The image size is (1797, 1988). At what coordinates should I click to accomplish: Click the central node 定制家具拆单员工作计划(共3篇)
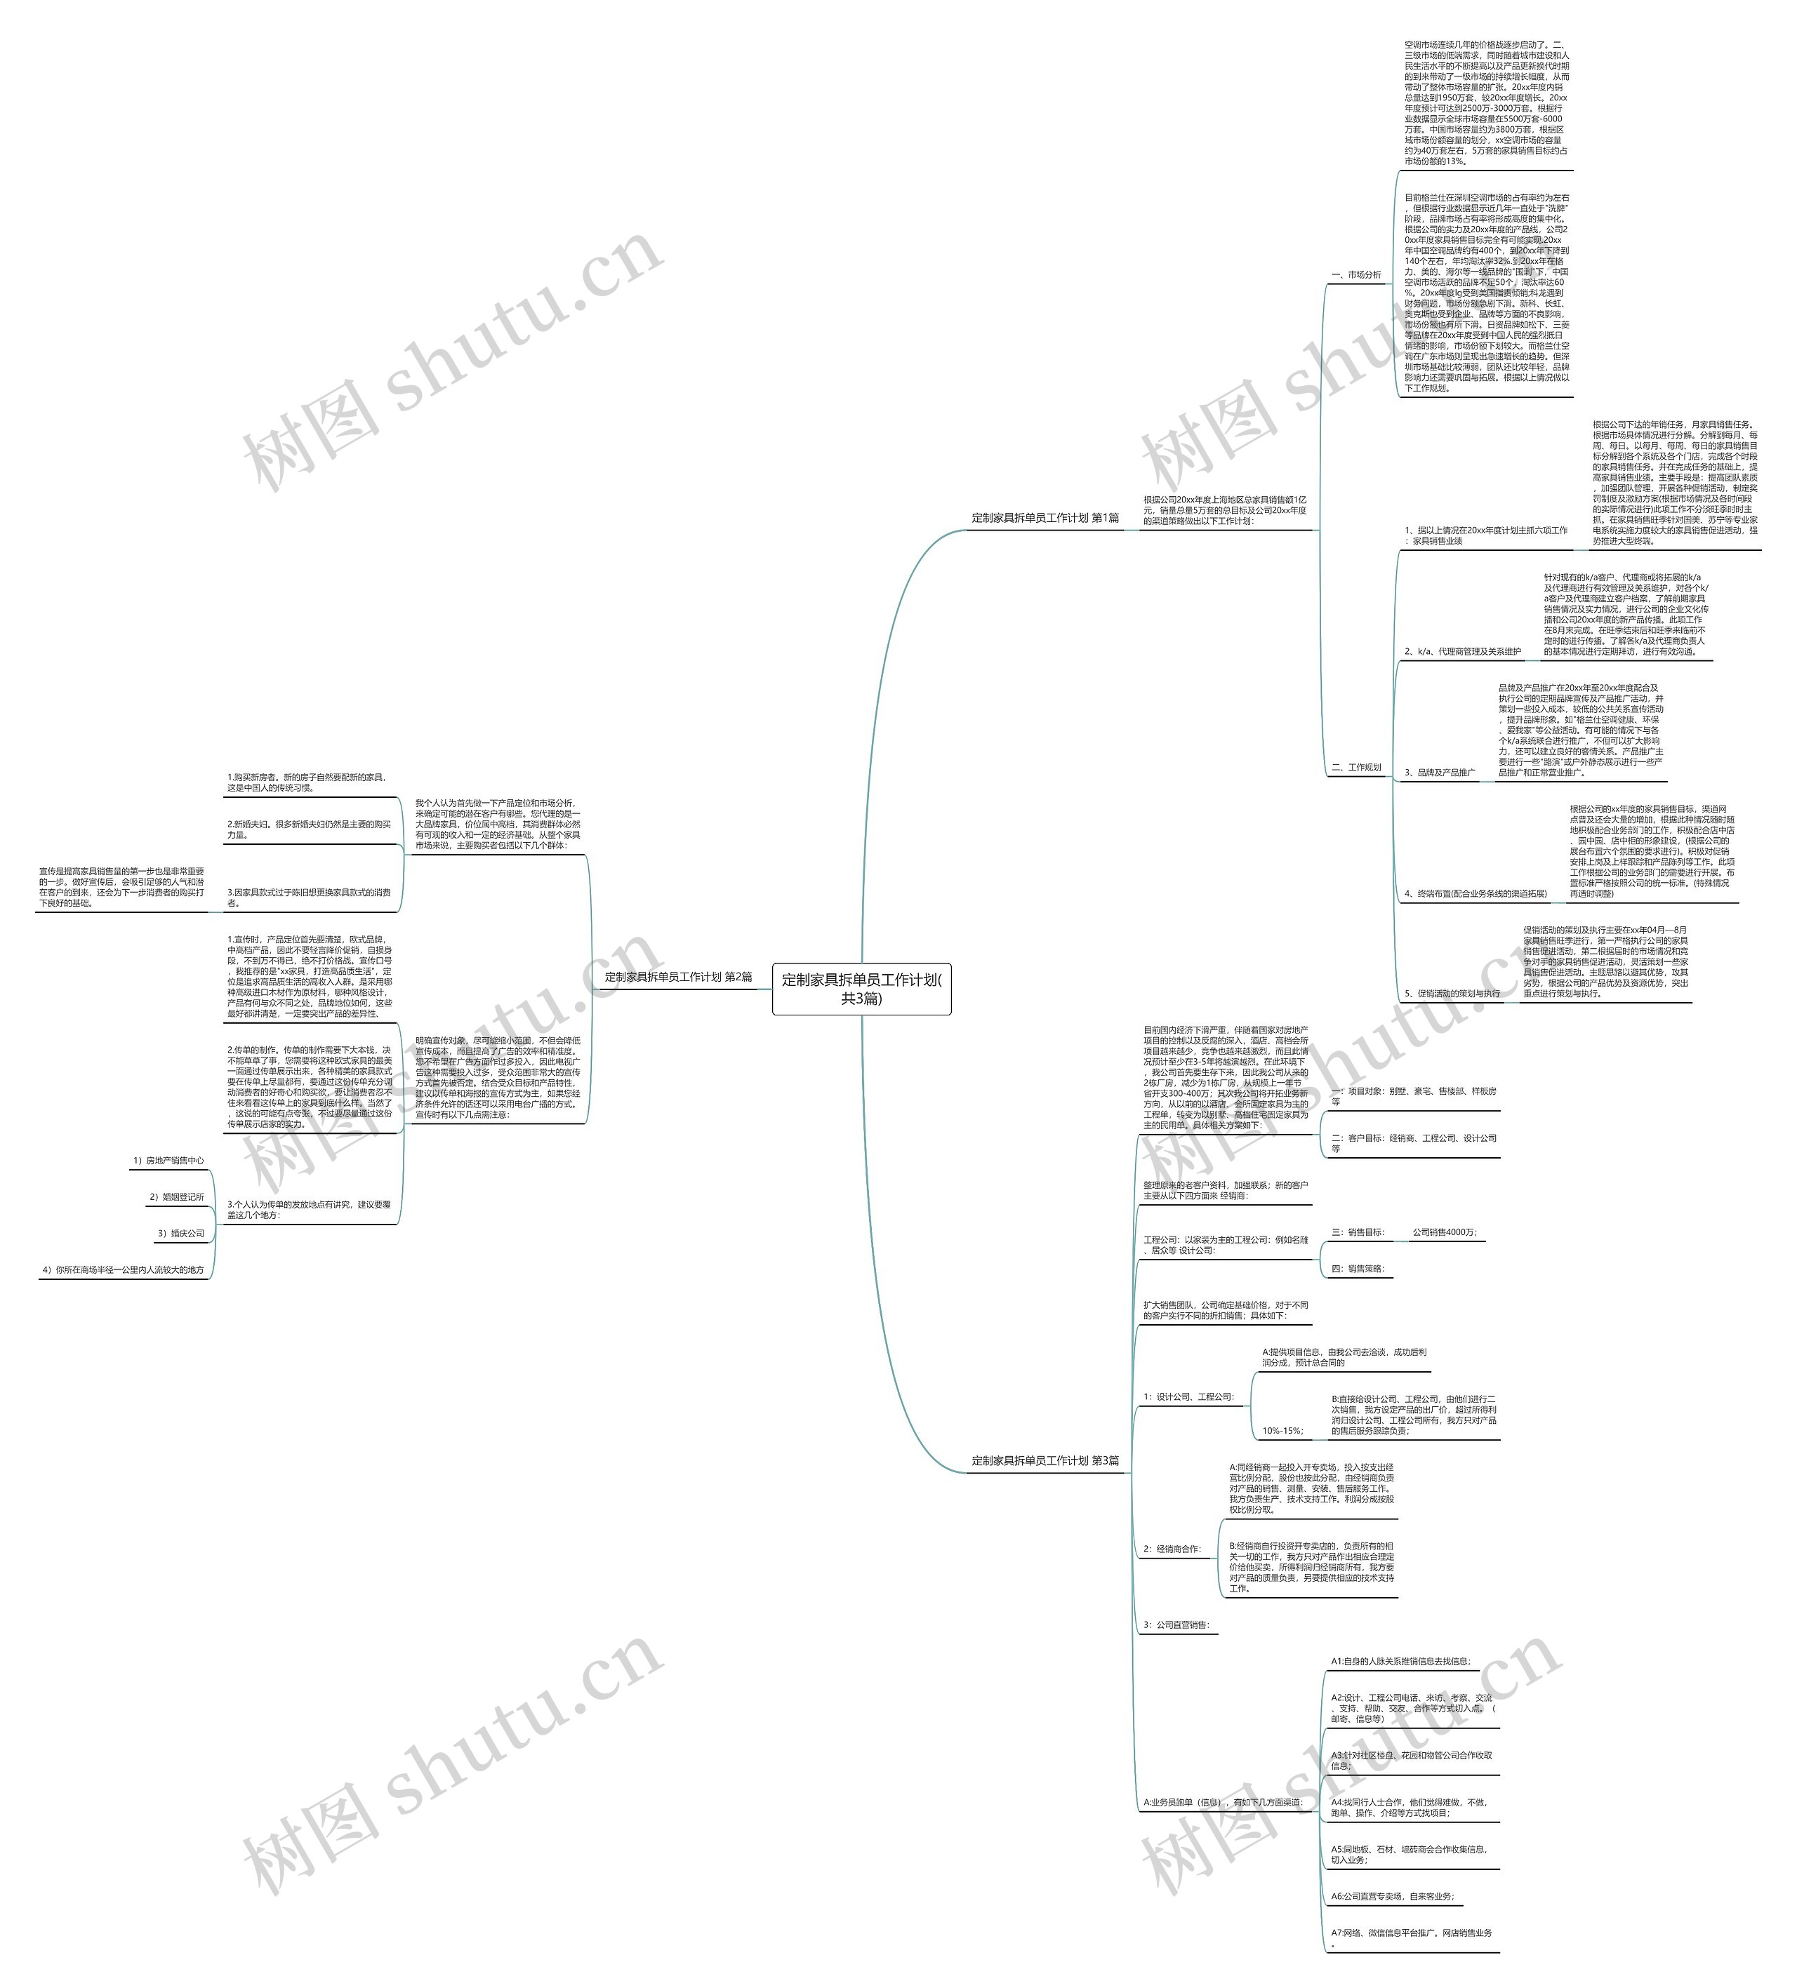coord(861,988)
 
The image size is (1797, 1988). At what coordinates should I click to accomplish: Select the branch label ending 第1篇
coord(1045,518)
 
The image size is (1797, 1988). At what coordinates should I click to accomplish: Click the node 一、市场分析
coord(1356,275)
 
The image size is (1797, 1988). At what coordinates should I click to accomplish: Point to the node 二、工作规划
coord(1356,767)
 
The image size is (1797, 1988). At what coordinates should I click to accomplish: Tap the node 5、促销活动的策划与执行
coord(1452,993)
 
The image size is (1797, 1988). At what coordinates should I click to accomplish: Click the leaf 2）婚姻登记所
coord(177,1197)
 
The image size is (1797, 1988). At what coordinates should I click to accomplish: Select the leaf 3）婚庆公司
coord(182,1234)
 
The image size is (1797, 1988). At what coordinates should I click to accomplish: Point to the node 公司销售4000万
coord(1445,1233)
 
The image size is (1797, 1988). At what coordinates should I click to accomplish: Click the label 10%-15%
coord(1282,1431)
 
